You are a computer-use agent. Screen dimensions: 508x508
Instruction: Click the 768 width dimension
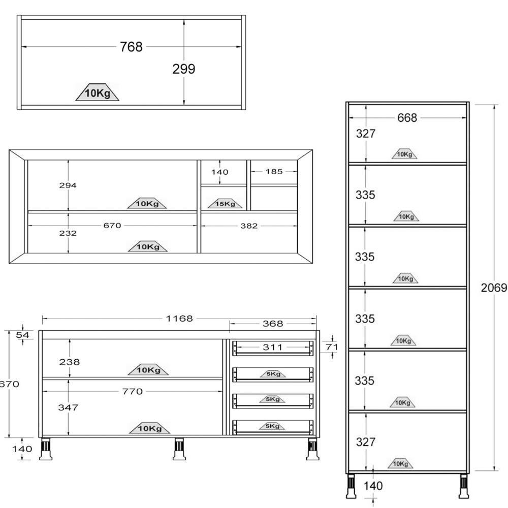[131, 47]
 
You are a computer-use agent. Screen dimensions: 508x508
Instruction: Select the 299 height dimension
[184, 69]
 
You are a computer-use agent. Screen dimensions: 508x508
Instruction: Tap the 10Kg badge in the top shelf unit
[98, 92]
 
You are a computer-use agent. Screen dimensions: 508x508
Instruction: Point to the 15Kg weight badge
[225, 204]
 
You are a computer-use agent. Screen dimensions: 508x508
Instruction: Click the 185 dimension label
[274, 171]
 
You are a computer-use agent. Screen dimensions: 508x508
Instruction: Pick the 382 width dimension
[249, 226]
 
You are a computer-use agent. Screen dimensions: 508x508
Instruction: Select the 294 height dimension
[68, 185]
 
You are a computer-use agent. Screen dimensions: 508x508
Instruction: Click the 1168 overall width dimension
[179, 319]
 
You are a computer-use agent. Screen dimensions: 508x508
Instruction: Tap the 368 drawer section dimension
[273, 323]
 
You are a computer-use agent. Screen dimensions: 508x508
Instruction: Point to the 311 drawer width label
[273, 347]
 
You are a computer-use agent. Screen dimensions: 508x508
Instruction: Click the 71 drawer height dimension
[332, 347]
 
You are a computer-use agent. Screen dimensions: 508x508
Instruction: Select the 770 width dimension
[133, 391]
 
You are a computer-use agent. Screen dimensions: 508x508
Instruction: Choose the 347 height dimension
[68, 407]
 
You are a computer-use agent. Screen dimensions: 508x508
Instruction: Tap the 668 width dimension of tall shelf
[407, 118]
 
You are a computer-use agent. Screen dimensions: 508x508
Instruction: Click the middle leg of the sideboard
[179, 449]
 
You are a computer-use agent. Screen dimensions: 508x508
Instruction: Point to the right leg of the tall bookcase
[464, 486]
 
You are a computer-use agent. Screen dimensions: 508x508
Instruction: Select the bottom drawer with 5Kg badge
[273, 427]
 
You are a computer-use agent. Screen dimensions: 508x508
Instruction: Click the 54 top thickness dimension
[23, 335]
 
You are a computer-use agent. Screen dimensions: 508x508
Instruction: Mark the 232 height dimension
[68, 233]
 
